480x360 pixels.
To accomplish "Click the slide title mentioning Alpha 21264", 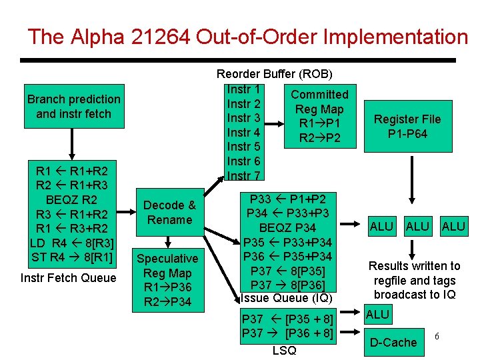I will tap(247, 36).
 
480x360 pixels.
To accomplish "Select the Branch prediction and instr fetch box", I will tap(73, 107).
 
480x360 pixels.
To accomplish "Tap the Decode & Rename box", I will tap(169, 213).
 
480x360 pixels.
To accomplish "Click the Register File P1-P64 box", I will tap(407, 127).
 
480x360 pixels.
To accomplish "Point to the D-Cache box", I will tap(393, 343).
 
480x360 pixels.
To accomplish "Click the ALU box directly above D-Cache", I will tap(377, 314).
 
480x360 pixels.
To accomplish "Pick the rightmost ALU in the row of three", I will tap(453, 227).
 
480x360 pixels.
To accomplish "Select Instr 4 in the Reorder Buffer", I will tap(243, 133).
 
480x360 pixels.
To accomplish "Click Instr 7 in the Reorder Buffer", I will tap(243, 176).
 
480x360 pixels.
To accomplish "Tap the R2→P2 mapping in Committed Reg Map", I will tap(319, 138).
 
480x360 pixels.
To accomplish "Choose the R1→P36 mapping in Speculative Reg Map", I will tap(167, 287).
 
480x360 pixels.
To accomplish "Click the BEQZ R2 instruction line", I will tap(71, 199).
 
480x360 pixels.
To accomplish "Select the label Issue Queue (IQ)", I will tap(286, 298).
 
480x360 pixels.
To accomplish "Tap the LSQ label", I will tap(284, 351).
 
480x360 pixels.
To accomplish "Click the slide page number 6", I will tap(436, 336).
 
